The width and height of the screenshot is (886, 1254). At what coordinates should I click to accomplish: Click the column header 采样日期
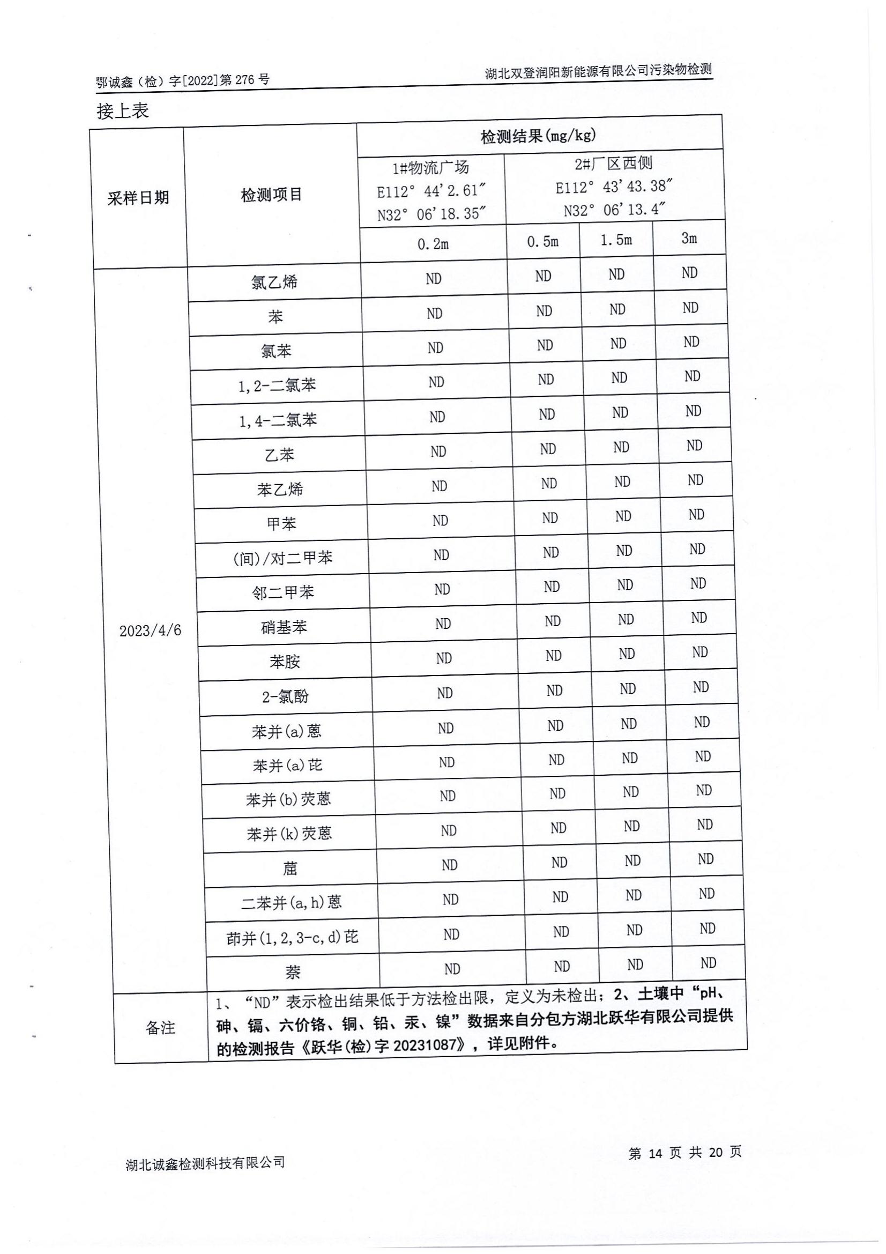pyautogui.click(x=138, y=198)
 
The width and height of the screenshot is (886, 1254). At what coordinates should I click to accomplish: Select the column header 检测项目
pyautogui.click(x=271, y=195)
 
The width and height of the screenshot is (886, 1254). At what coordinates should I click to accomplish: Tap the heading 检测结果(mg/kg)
pyautogui.click(x=538, y=136)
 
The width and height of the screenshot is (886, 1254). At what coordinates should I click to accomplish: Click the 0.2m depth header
pyautogui.click(x=433, y=244)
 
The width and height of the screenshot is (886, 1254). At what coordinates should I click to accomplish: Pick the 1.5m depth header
pyautogui.click(x=616, y=240)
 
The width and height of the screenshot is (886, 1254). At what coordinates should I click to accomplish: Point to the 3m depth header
pyautogui.click(x=689, y=238)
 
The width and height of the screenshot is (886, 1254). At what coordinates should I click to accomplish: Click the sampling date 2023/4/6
pyautogui.click(x=150, y=630)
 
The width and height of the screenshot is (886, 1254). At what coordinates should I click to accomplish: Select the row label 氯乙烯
pyautogui.click(x=274, y=282)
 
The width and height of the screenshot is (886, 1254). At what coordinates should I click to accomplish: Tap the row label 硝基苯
pyautogui.click(x=284, y=626)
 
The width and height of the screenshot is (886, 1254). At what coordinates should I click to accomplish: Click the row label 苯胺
pyautogui.click(x=285, y=662)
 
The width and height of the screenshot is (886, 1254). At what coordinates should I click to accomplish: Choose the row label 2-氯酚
pyautogui.click(x=286, y=696)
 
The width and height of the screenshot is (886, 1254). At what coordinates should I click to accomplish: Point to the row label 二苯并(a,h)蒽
pyautogui.click(x=291, y=902)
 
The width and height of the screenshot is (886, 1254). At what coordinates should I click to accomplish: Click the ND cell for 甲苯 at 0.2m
pyautogui.click(x=440, y=521)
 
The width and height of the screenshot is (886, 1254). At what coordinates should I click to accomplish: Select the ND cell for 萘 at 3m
pyautogui.click(x=708, y=962)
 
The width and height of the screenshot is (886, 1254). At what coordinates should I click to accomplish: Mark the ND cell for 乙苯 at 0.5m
pyautogui.click(x=548, y=449)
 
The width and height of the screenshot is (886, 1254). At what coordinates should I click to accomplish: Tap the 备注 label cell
pyautogui.click(x=160, y=1027)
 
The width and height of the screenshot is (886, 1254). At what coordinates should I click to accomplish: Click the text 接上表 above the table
pyautogui.click(x=123, y=111)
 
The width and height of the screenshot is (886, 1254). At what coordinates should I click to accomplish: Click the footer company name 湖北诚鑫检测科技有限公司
pyautogui.click(x=205, y=1163)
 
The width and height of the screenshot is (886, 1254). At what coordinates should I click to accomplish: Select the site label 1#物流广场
pyautogui.click(x=431, y=167)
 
